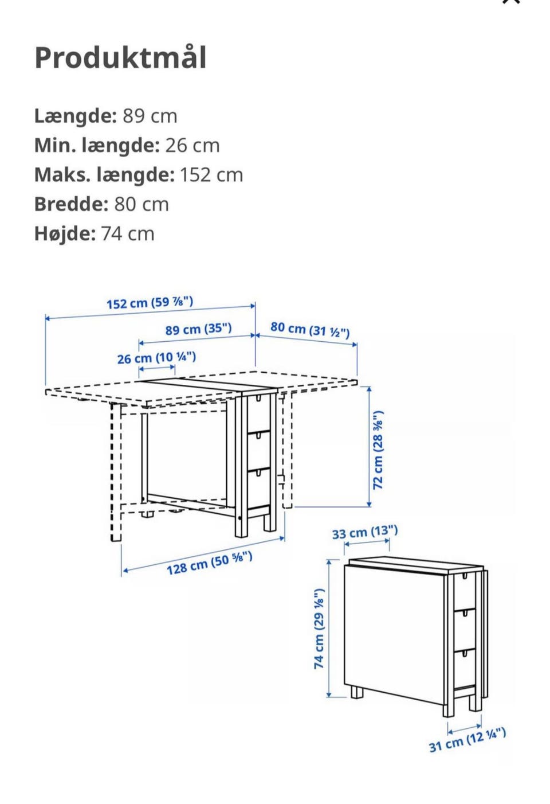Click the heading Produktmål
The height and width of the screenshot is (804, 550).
[120, 58]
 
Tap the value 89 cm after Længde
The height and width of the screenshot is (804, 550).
[150, 116]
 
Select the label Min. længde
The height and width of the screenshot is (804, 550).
[96, 146]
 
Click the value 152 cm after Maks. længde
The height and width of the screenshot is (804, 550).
[211, 175]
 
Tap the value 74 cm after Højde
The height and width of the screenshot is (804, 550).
[127, 234]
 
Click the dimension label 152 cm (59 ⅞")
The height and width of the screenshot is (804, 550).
[150, 302]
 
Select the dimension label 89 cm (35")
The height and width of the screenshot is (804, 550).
[198, 329]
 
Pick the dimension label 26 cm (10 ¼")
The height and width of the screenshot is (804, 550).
[156, 358]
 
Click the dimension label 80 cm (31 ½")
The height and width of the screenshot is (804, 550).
[310, 329]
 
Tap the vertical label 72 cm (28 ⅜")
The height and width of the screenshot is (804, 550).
[378, 450]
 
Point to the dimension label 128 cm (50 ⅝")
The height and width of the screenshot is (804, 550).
[209, 563]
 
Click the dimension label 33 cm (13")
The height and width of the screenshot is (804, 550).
[364, 532]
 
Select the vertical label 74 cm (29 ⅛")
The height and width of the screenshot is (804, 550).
[319, 629]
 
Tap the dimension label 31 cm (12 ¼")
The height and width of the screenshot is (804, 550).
[467, 739]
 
